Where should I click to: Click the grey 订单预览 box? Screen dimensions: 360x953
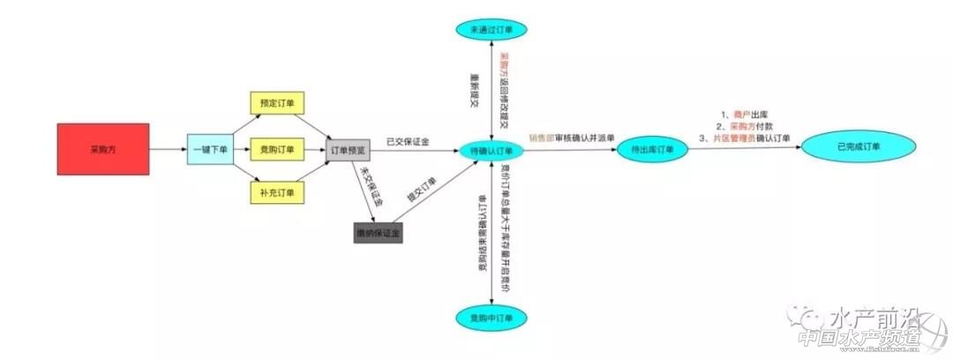346,151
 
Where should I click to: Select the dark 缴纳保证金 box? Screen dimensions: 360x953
377,233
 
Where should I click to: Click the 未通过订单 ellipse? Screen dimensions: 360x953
492,30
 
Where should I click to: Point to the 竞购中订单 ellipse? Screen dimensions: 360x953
492,317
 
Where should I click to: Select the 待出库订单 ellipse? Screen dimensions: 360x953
653,150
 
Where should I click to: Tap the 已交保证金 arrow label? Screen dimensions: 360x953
408,141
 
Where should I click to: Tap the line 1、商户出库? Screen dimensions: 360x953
745,115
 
